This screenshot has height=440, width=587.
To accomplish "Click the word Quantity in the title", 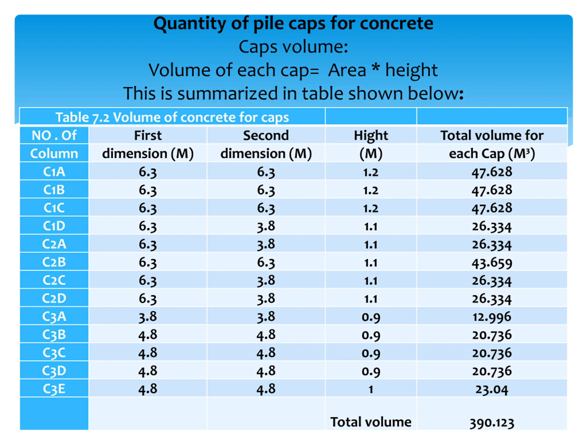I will click(189, 24).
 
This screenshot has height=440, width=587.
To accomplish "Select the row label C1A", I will click(54, 172).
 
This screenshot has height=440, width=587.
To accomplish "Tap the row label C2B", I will click(54, 262).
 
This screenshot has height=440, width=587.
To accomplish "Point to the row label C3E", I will click(54, 389).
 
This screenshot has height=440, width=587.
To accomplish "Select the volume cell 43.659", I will click(492, 263).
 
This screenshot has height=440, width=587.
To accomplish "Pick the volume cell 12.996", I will click(492, 317).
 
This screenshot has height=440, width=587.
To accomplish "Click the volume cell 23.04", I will click(492, 389).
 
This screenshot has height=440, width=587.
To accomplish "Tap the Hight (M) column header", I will click(371, 145).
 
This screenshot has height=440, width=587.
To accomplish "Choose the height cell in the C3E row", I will click(371, 389).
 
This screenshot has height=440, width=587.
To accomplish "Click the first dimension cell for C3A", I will click(148, 317).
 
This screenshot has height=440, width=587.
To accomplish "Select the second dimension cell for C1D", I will click(266, 226).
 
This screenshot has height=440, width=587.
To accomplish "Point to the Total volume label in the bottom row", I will click(371, 422).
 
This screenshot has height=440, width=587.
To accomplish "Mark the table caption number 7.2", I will click(101, 118).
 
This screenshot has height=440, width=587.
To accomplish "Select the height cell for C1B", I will click(371, 190).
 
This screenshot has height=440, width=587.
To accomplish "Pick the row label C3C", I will click(54, 353).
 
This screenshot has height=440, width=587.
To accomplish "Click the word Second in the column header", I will click(266, 135).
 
